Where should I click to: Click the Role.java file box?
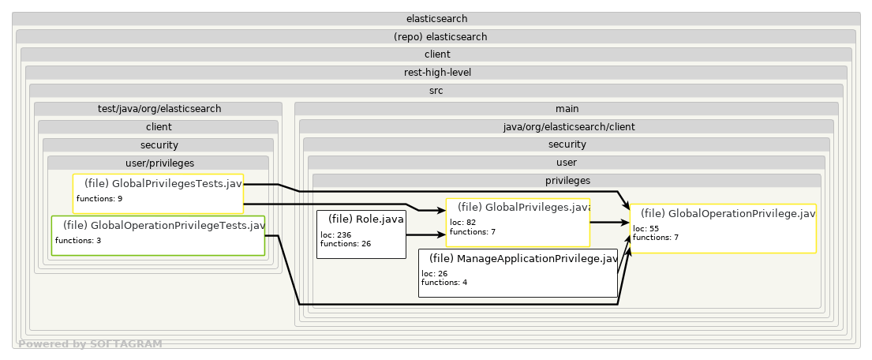coord(361,234)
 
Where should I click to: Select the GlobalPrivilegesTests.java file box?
coord(158,193)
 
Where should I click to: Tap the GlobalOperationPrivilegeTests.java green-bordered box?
coord(158,235)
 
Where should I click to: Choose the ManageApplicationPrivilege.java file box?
coord(518,273)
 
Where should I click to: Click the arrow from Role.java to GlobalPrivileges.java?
coord(426,234)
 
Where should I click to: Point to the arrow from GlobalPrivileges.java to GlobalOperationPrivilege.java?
coord(609,223)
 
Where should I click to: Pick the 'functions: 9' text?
coord(99,198)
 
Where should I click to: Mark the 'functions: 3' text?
coord(78,240)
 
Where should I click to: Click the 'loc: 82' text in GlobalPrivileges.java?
coord(464,222)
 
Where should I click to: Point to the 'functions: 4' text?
coord(444,282)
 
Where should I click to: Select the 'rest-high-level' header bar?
coord(436,72)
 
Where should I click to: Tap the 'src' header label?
coord(436,90)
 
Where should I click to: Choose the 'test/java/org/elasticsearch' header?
coord(158,108)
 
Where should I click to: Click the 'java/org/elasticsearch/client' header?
coord(566,126)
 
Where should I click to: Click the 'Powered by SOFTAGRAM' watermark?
coord(90,344)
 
